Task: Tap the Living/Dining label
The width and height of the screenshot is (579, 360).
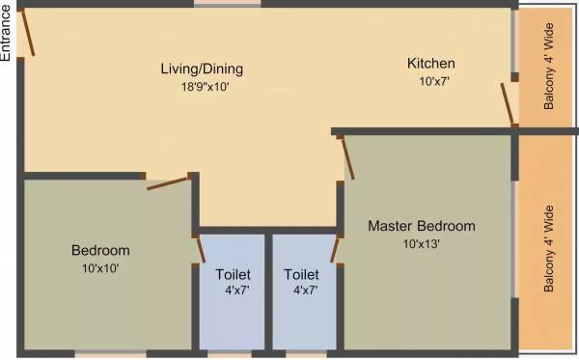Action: [x=202, y=69]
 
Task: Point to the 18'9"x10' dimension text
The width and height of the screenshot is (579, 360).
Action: [x=202, y=86]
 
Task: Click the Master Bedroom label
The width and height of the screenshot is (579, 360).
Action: [x=422, y=227]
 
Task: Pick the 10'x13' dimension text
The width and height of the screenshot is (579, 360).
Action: [x=422, y=243]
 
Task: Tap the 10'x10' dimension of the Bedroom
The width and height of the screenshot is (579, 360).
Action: [x=100, y=267]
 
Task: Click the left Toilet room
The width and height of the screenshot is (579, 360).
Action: [x=233, y=290]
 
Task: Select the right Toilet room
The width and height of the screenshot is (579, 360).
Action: [x=302, y=290]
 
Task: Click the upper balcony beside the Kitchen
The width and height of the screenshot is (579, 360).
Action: [x=546, y=68]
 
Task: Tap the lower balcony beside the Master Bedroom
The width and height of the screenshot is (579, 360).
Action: [x=546, y=246]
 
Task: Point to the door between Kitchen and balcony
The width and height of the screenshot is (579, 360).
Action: [x=508, y=104]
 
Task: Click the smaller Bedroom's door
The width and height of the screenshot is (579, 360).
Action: [x=167, y=182]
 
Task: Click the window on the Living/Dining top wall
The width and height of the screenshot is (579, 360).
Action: [x=227, y=4]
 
